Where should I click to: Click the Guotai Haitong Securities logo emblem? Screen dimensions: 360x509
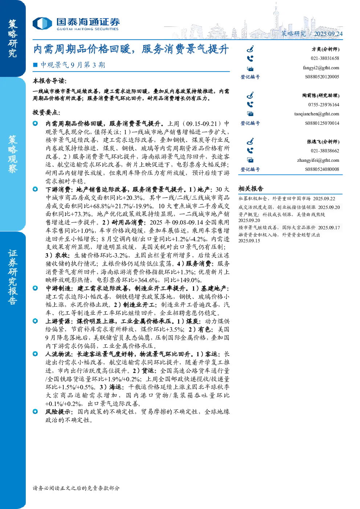coord(42,24)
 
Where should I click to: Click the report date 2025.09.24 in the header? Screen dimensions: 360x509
coord(328,34)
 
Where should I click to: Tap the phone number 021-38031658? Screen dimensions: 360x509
coord(325,58)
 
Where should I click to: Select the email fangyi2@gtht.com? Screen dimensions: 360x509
coord(321,68)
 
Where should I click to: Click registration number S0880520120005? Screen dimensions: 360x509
coord(322,77)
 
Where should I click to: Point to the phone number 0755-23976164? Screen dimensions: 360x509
coord(324,105)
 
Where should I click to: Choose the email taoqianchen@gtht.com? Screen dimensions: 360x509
coord(316,114)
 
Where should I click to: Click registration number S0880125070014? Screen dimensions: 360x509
coord(322,123)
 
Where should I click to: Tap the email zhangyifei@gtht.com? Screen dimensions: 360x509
coord(318,160)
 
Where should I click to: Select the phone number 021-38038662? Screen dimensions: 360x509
coord(325,151)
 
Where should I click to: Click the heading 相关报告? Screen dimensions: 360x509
coord(251,189)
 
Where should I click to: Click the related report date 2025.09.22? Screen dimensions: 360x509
coord(324,198)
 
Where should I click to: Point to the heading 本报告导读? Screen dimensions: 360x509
coord(50,81)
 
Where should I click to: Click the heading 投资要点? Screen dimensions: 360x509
coord(46,112)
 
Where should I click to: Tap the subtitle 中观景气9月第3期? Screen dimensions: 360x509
coord(73,65)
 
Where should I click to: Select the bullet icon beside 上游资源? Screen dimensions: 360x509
coord(35,321)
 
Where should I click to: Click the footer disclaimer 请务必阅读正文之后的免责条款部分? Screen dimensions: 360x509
coord(76,488)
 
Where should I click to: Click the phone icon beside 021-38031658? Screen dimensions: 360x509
coord(250,59)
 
